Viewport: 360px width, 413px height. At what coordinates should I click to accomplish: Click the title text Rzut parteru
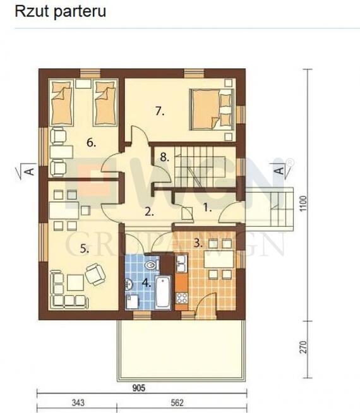60,12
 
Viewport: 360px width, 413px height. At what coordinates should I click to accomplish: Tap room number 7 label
160,111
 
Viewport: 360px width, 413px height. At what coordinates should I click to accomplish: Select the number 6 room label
91,143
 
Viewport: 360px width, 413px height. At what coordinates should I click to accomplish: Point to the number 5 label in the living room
84,249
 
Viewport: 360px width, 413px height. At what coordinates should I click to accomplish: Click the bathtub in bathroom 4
163,292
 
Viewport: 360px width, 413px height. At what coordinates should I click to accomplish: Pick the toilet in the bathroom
152,265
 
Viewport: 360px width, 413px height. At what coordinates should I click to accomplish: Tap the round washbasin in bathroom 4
129,284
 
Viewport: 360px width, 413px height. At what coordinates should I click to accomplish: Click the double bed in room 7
212,109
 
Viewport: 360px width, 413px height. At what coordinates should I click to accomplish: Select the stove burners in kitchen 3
181,298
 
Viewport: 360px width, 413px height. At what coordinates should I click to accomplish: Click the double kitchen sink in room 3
181,263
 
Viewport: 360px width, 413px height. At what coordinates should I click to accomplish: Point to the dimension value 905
139,388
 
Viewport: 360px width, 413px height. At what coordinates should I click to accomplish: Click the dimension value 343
78,403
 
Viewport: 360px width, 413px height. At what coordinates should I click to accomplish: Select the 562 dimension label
177,403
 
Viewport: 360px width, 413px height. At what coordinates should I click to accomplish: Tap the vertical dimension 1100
303,203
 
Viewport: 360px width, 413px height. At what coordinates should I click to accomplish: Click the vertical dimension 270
303,347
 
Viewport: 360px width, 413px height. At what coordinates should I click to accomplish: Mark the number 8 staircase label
164,157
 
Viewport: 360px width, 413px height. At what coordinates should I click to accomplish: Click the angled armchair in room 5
95,274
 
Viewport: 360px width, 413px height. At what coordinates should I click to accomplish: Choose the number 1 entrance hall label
207,208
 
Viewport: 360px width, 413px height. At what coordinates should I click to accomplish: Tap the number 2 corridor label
149,212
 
